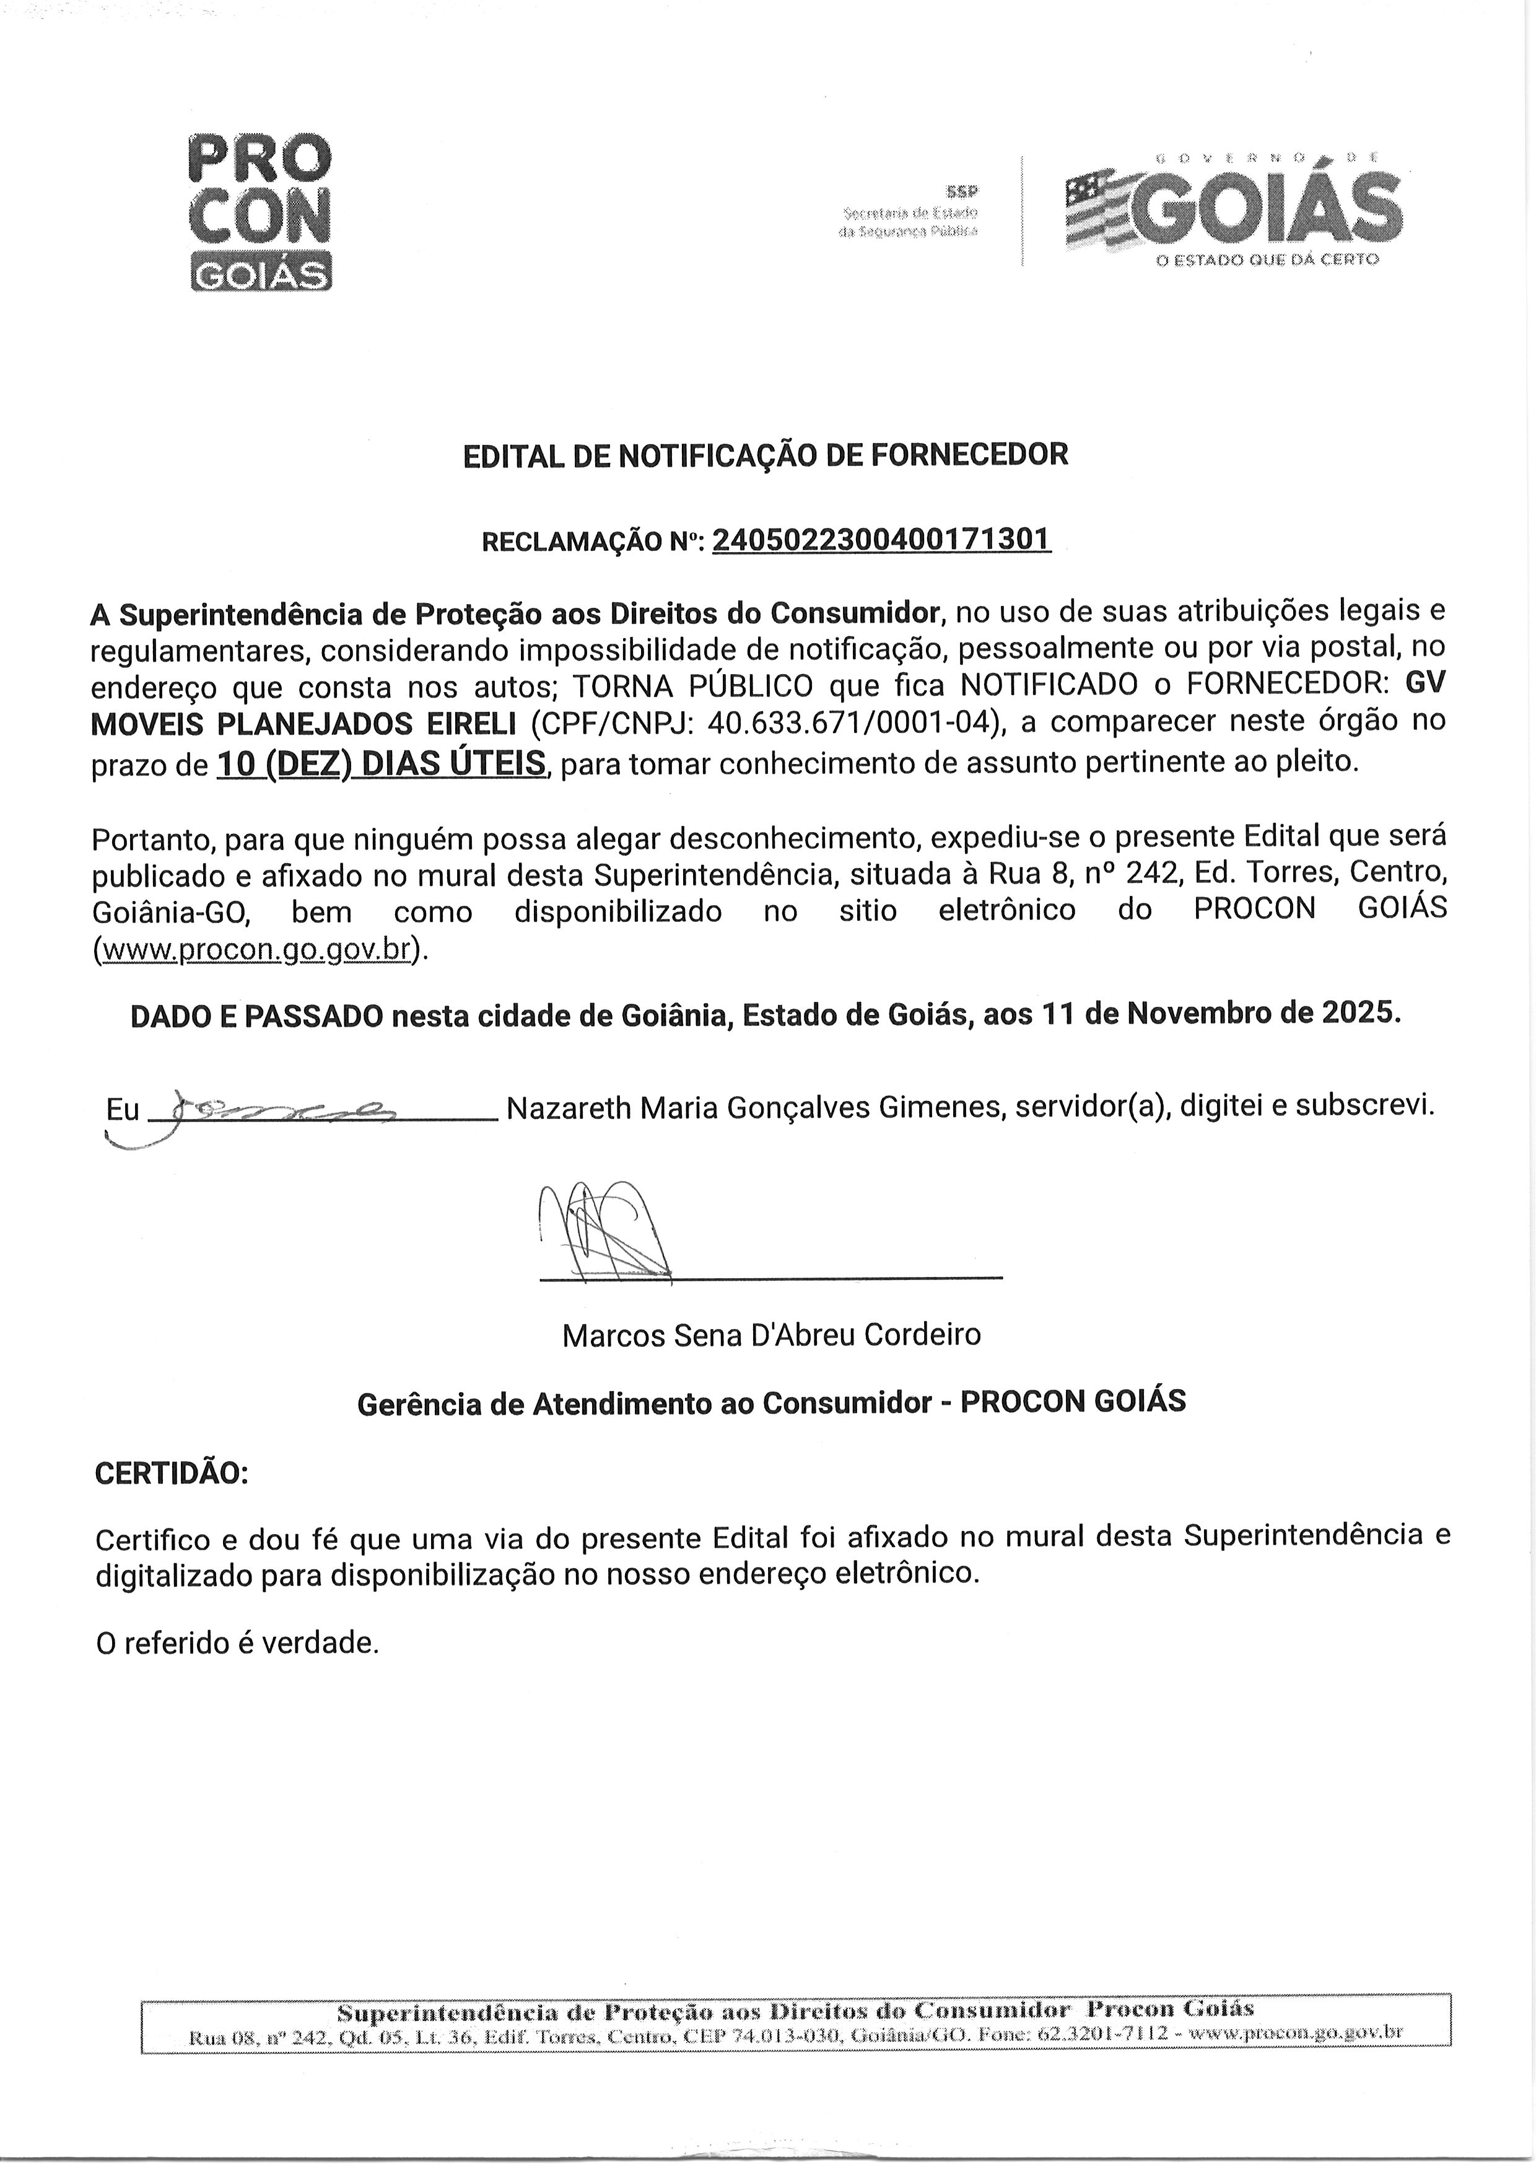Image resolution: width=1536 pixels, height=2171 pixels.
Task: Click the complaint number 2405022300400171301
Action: click(881, 540)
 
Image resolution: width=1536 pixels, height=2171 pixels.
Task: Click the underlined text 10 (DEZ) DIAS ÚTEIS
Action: click(381, 763)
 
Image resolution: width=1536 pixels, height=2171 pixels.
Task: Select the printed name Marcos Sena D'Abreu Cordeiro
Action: click(771, 1335)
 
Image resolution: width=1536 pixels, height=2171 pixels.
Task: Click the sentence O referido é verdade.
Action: click(237, 1643)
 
